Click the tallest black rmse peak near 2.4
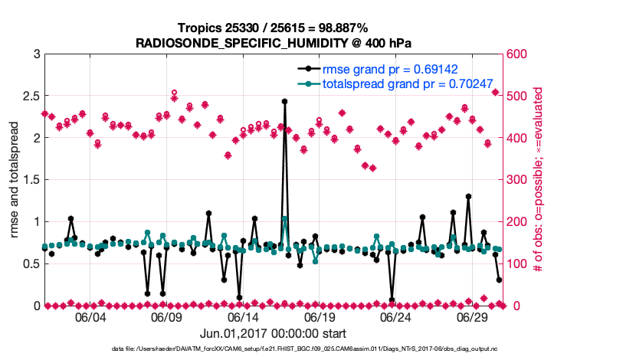pyautogui.click(x=284, y=101)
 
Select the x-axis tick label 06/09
pyautogui.click(x=166, y=318)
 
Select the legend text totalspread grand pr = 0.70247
pyautogui.click(x=407, y=83)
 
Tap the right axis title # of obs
pyautogui.click(x=539, y=180)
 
